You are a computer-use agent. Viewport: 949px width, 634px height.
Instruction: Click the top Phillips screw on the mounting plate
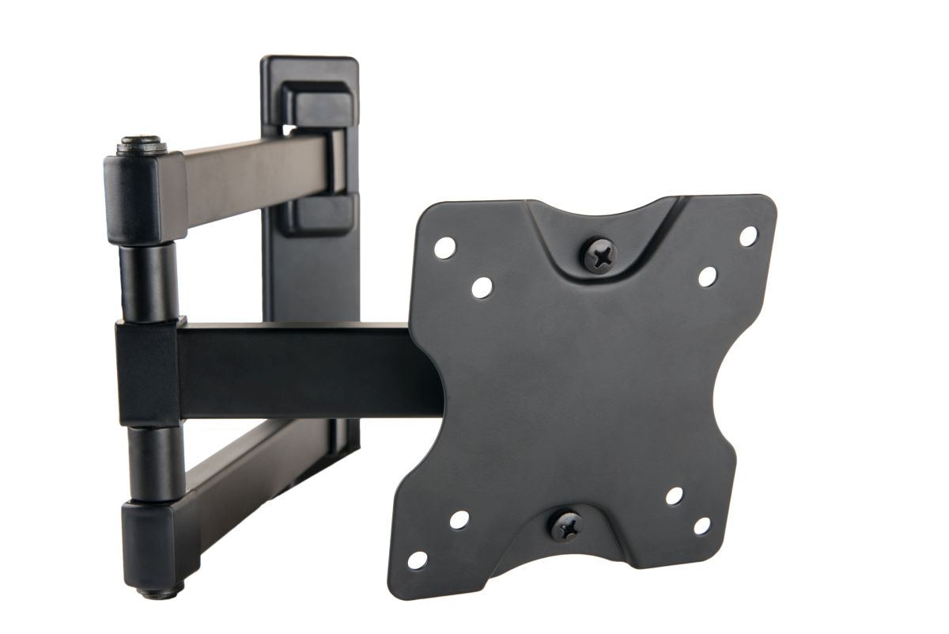point(599,255)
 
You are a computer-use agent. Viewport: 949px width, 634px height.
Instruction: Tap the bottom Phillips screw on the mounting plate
point(566,526)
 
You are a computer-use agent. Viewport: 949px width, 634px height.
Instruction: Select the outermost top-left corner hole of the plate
point(444,247)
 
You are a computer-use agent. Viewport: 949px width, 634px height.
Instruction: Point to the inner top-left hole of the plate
point(481,287)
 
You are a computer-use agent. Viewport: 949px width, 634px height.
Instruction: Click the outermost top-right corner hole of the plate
point(747,235)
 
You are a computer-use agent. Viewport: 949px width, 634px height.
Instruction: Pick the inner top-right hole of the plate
point(707,276)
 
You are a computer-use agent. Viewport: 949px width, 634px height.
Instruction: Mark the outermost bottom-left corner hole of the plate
point(417,560)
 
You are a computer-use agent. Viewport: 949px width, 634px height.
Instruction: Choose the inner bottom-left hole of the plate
point(459,520)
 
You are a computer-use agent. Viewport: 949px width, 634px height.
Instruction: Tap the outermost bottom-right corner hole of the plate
point(701,526)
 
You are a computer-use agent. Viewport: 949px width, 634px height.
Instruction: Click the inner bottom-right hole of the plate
point(674,496)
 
